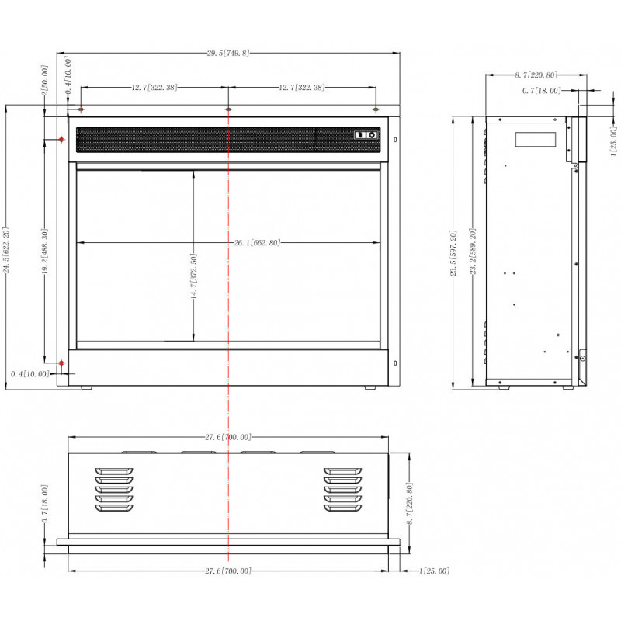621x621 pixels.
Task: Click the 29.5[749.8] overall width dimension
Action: [228, 53]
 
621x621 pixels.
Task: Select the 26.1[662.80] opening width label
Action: [257, 242]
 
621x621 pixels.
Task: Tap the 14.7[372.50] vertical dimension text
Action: [193, 276]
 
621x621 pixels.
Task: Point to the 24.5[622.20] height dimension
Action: [6, 250]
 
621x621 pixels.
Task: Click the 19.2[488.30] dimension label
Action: [45, 252]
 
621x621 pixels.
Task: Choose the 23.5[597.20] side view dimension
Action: [453, 253]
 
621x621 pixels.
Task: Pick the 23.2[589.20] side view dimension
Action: [473, 252]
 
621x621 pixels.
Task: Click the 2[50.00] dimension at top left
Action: [45, 81]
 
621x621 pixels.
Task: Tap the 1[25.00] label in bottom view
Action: [435, 571]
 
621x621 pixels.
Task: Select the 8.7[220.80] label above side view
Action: [536, 75]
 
